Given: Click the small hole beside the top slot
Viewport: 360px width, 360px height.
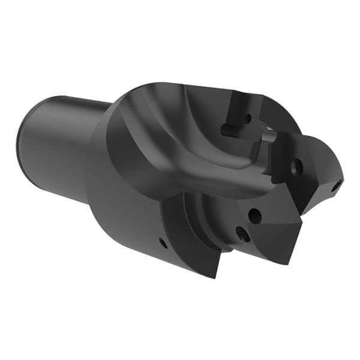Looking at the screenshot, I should pos(247,118).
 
